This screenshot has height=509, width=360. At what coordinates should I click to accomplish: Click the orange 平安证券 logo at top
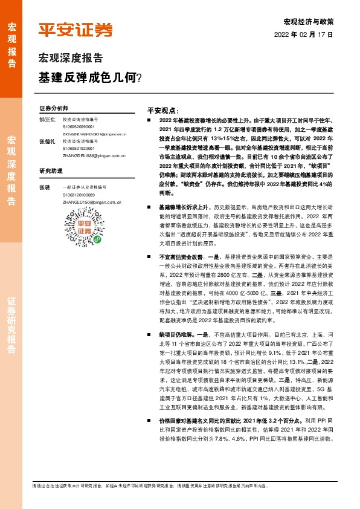75,29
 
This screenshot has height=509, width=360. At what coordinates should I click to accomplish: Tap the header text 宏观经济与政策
308,21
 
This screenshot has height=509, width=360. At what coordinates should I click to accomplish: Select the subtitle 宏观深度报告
71,59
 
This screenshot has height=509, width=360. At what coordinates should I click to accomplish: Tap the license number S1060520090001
79,127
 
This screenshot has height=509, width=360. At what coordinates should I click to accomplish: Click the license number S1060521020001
79,148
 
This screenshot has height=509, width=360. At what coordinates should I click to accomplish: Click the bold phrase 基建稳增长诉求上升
179,207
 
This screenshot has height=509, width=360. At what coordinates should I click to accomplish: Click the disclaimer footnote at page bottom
151,485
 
